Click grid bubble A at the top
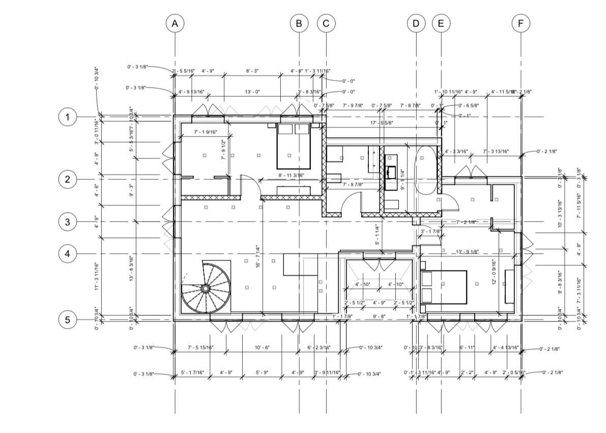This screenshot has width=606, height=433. click(x=175, y=23)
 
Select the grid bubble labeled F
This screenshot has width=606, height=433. click(x=521, y=23)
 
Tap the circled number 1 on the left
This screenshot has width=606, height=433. click(x=68, y=118)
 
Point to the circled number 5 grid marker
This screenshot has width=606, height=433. click(x=68, y=320)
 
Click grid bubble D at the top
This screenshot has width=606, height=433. click(x=416, y=23)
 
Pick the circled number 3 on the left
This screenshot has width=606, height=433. click(x=68, y=222)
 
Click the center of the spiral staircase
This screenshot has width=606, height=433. click(x=205, y=288)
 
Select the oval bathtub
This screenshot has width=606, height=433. click(x=426, y=170)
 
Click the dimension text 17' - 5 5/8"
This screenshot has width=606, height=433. click(x=383, y=123)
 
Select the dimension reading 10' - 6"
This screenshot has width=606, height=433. click(x=262, y=347)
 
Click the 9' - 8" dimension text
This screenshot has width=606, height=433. click(x=380, y=316)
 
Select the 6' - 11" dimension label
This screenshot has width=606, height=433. click(x=467, y=347)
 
